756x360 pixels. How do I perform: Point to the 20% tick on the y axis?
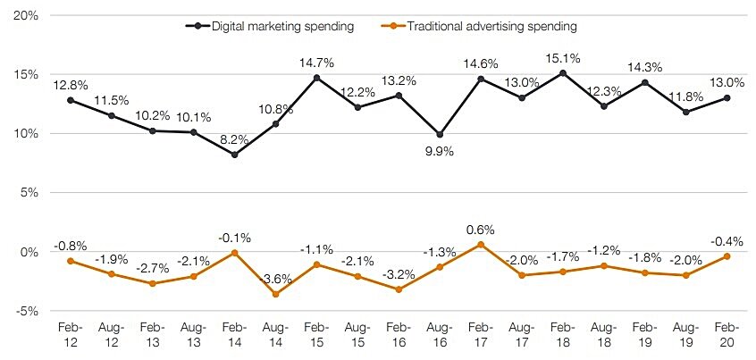[24, 16]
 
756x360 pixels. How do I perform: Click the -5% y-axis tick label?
[25, 311]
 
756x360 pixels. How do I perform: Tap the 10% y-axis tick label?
[24, 134]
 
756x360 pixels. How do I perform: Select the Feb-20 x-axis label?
[727, 335]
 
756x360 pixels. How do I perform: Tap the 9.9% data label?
[439, 151]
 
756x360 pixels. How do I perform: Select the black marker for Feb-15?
[316, 78]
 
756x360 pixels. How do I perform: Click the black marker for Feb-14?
[234, 155]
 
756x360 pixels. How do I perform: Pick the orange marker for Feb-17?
[481, 245]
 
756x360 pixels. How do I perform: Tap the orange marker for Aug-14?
[275, 294]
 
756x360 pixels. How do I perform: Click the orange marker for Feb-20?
[727, 256]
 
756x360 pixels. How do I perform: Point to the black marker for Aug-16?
[440, 135]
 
